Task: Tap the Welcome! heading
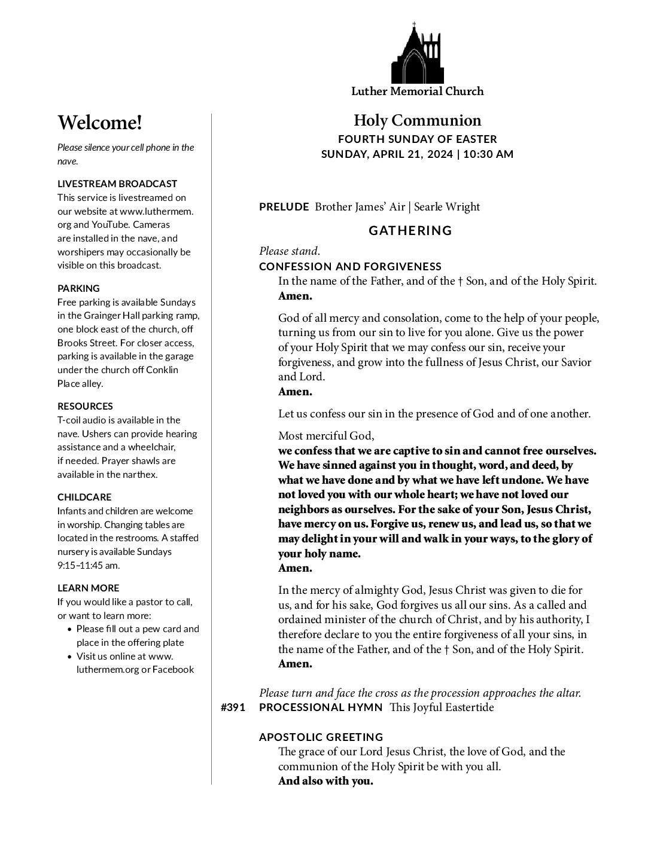[100, 123]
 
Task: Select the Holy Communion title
[417, 121]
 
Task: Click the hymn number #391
[233, 707]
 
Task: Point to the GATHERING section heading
[410, 231]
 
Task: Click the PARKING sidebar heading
[78, 288]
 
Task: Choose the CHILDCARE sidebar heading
[84, 497]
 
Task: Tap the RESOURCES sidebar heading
[85, 406]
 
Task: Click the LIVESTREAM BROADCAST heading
[117, 184]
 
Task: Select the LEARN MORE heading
[88, 588]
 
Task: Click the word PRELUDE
[284, 207]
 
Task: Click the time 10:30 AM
[488, 154]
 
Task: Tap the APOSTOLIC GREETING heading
[321, 737]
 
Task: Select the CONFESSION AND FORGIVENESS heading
[350, 266]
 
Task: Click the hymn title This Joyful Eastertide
[442, 707]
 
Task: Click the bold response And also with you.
[325, 781]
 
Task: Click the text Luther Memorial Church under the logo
[417, 91]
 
